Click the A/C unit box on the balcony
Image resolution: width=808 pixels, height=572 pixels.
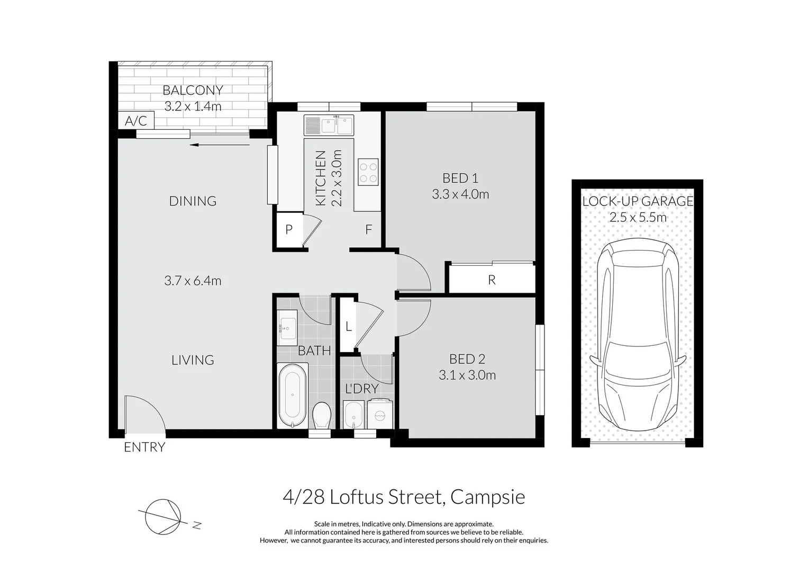[x=136, y=120]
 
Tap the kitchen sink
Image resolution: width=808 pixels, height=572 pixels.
[x=329, y=125]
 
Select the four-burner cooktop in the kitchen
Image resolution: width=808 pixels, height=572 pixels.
[x=368, y=172]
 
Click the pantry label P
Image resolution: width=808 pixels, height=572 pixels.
[x=288, y=229]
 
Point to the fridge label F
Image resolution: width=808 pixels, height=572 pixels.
[x=368, y=229]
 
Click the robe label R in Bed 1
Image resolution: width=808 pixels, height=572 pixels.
[x=492, y=280]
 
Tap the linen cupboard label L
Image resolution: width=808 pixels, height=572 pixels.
[x=349, y=326]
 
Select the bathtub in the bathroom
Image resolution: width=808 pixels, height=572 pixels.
[x=292, y=396]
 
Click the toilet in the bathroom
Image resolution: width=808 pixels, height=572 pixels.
[x=321, y=415]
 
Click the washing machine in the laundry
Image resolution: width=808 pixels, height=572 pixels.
[x=379, y=414]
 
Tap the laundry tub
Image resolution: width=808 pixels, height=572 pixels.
[x=353, y=415]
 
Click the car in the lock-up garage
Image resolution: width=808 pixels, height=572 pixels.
[x=638, y=335]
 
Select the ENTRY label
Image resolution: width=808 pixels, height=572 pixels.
[x=144, y=448]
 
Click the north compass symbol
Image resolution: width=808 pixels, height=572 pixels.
[x=163, y=517]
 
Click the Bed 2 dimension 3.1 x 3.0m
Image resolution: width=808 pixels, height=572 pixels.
[x=467, y=375]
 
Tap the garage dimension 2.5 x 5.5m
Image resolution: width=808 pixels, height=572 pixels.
[x=638, y=217]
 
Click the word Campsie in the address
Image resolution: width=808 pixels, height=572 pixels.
[x=488, y=497]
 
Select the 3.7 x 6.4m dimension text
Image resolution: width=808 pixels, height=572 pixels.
[x=193, y=281]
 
